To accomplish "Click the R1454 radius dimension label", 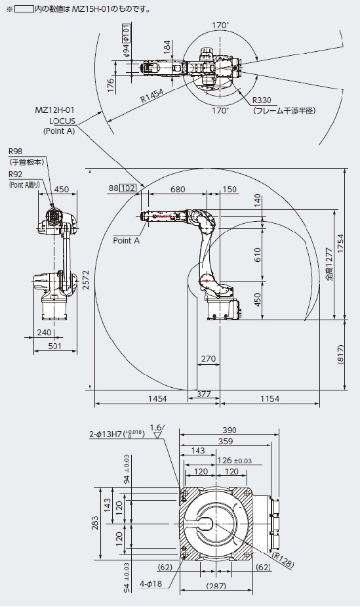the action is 151,95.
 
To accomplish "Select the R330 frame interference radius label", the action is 262,100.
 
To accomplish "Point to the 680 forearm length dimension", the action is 178,189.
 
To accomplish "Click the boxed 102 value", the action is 128,188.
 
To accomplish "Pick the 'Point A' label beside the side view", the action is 126,240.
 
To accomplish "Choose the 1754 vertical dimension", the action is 340,243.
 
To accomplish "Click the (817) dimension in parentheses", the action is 340,355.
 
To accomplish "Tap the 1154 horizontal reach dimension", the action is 270,398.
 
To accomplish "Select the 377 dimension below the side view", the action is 204,394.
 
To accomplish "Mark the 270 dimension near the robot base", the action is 209,359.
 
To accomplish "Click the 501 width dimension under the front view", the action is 54,346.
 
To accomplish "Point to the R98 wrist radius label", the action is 16,151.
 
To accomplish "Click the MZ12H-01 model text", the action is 54,110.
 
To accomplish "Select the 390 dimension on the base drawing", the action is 229,430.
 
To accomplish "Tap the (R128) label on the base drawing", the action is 283,559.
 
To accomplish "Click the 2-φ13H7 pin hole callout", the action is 117,434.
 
